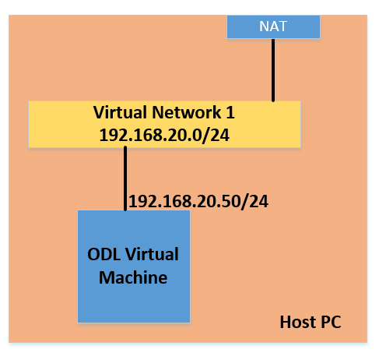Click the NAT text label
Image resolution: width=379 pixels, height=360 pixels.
click(x=273, y=26)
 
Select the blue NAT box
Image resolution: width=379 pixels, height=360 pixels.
click(x=273, y=26)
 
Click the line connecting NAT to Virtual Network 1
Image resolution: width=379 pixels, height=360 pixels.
click(x=273, y=70)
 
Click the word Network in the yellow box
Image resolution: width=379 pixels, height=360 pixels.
click(x=187, y=112)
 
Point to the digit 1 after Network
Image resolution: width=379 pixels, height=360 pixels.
click(x=230, y=112)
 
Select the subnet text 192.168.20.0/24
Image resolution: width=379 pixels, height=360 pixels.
click(x=164, y=136)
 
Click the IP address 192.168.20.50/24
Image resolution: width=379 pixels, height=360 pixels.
click(x=198, y=202)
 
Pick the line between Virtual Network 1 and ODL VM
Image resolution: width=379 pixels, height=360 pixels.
click(x=125, y=178)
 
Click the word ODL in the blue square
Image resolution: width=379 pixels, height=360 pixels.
click(x=104, y=254)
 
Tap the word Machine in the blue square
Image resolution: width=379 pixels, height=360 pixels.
click(x=133, y=277)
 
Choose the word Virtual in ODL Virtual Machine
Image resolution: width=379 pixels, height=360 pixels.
click(x=153, y=254)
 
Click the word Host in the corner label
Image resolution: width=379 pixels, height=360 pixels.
click(x=298, y=322)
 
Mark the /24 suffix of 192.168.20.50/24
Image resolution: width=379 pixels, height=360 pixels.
click(x=254, y=202)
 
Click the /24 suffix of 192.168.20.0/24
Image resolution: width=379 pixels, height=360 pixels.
click(x=216, y=136)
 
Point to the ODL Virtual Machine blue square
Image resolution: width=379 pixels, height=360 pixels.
click(x=134, y=266)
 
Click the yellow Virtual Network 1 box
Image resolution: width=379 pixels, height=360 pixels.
click(x=165, y=125)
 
